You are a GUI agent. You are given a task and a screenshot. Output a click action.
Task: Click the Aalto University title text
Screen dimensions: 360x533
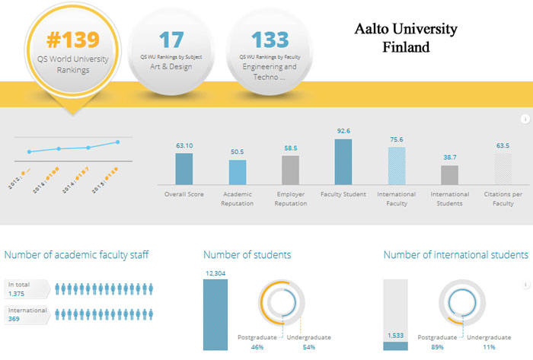406,30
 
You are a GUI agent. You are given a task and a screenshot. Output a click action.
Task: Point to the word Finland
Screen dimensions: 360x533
406,46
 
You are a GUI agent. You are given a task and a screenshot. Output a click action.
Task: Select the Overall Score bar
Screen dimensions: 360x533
184,169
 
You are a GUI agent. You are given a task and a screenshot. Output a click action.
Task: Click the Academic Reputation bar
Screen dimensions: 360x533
238,172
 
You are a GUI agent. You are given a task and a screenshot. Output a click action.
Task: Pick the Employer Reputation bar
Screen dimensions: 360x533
290,170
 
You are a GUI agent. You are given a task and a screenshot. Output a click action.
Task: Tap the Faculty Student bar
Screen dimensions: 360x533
343,162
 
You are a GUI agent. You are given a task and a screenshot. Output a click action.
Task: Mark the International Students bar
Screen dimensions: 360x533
450,175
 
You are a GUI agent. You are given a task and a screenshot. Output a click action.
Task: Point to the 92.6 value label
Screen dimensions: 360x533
343,131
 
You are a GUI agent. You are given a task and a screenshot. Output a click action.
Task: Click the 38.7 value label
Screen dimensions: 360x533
450,156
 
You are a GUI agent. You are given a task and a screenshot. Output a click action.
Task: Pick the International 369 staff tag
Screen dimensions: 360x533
27,315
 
